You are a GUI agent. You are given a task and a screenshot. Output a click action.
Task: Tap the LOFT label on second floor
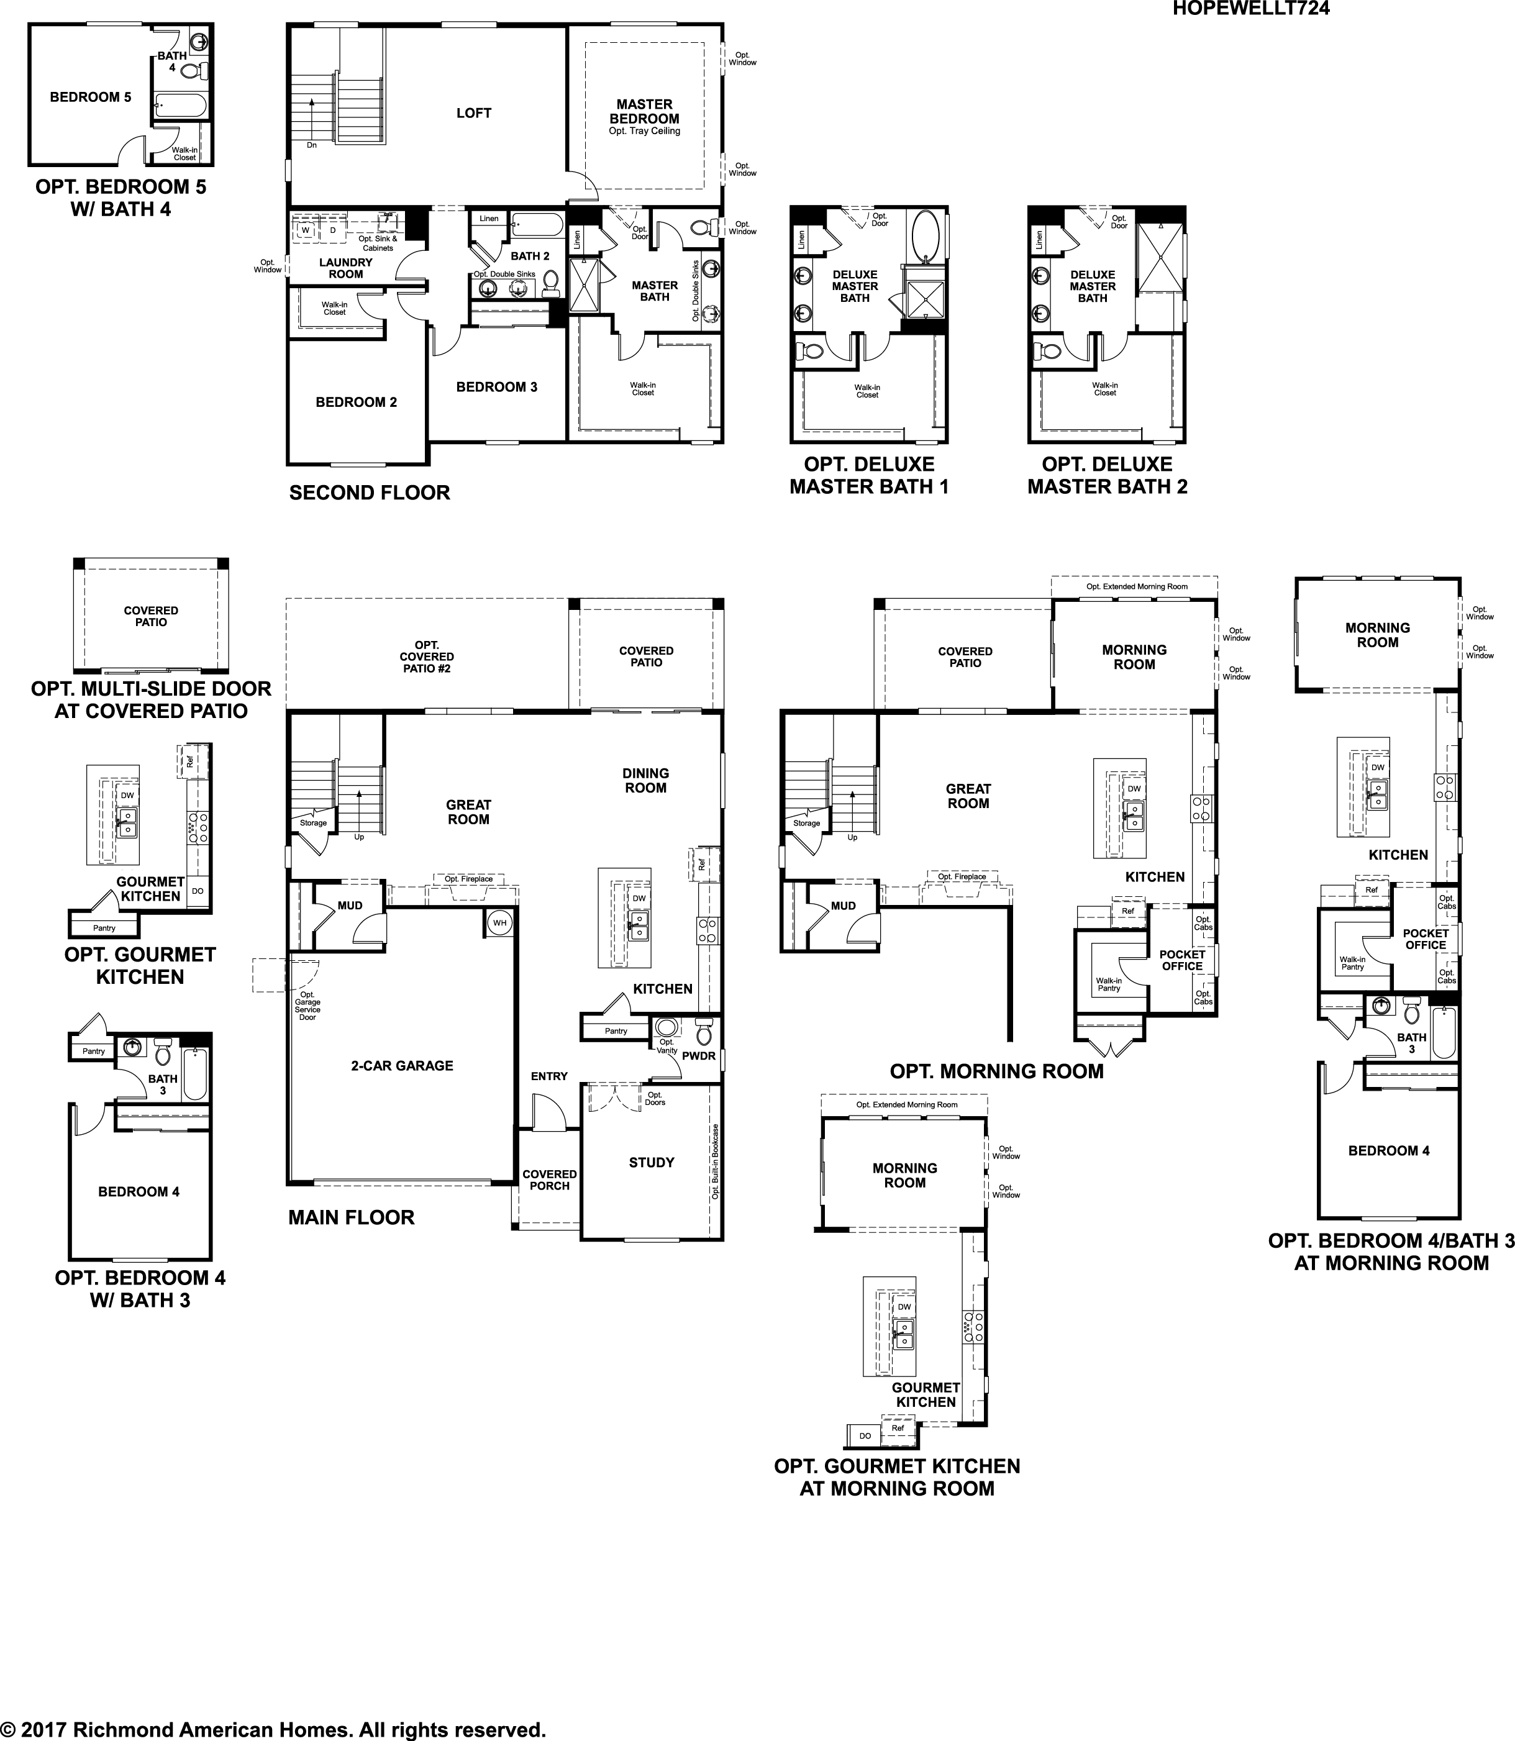pyautogui.click(x=473, y=113)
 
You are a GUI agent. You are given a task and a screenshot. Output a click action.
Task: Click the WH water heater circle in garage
pyautogui.click(x=499, y=922)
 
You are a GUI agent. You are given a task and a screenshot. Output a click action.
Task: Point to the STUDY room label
pyautogui.click(x=651, y=1162)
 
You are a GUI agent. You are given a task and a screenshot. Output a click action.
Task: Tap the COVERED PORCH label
pyautogui.click(x=550, y=1180)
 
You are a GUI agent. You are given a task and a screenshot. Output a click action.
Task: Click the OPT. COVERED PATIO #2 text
pyautogui.click(x=427, y=657)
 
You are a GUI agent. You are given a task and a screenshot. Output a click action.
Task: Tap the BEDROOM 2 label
pyautogui.click(x=356, y=402)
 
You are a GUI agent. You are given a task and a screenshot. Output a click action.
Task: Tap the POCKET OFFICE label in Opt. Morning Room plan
pyautogui.click(x=1182, y=960)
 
